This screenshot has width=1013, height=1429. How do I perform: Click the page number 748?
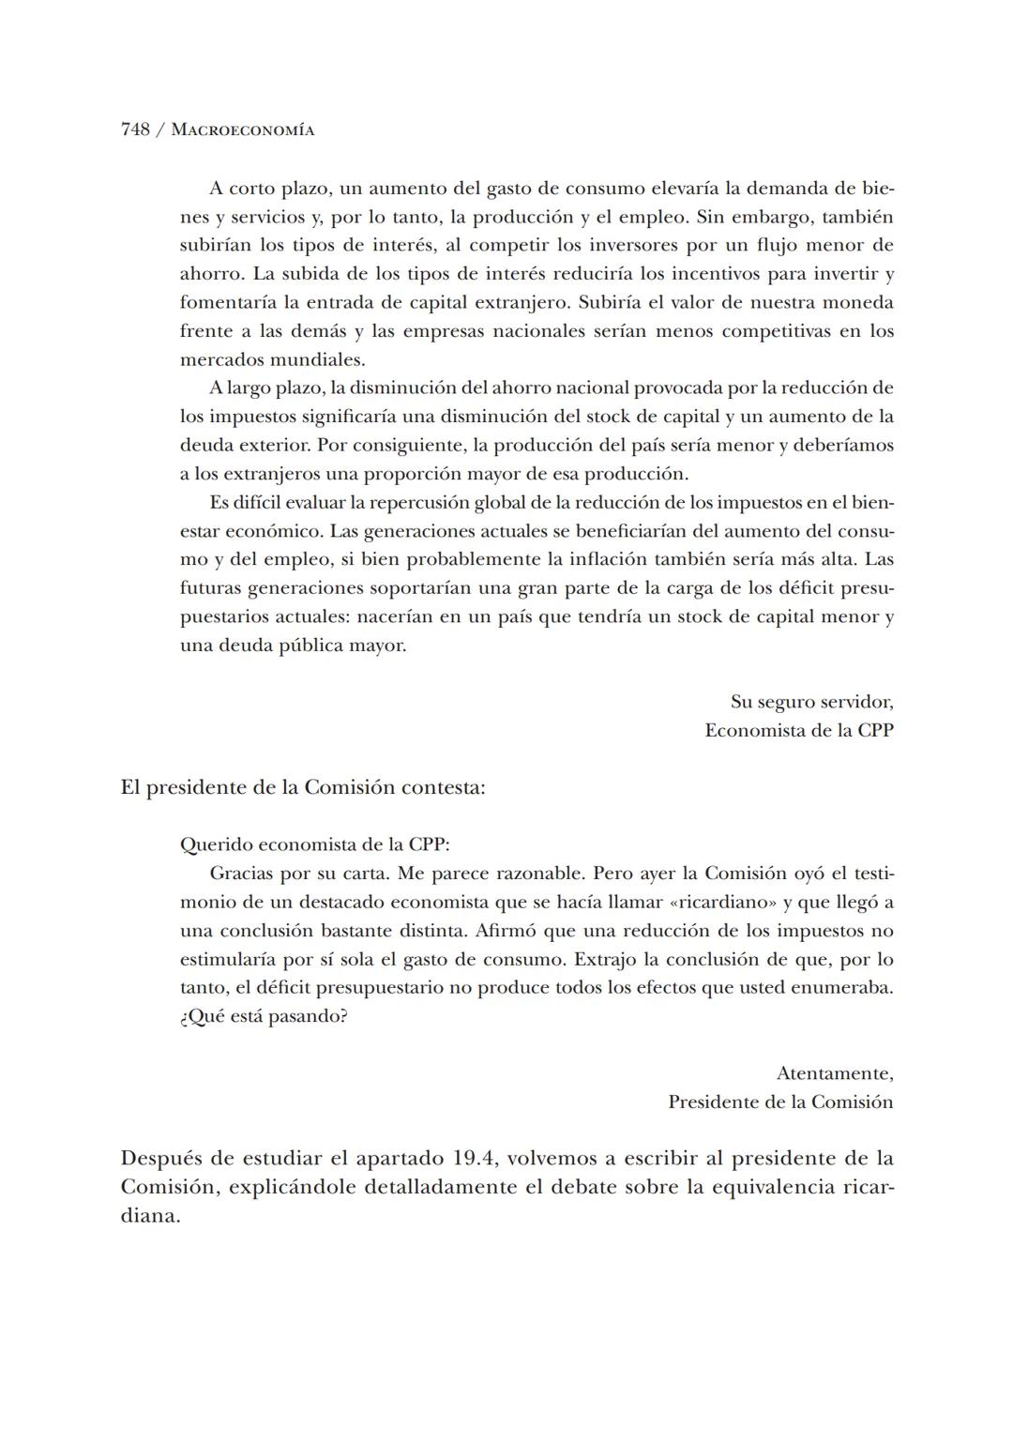pyautogui.click(x=135, y=129)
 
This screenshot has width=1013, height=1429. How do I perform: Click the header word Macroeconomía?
pyautogui.click(x=243, y=130)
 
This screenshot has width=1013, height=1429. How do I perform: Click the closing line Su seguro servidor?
pyautogui.click(x=811, y=702)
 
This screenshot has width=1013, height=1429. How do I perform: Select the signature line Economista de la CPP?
pyautogui.click(x=798, y=730)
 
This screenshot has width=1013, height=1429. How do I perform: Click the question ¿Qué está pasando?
pyautogui.click(x=264, y=1017)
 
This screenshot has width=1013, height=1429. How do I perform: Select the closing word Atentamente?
pyautogui.click(x=835, y=1073)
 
